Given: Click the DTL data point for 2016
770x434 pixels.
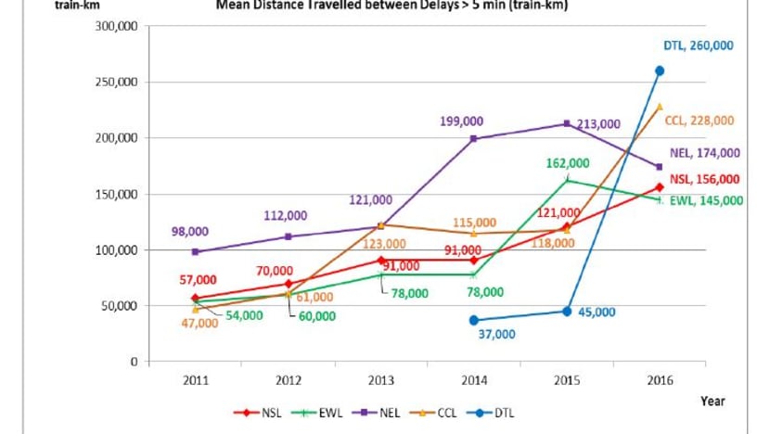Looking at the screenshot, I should [660, 70].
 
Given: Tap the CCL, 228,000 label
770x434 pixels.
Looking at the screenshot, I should [699, 120].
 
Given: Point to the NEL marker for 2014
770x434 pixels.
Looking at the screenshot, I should [474, 139].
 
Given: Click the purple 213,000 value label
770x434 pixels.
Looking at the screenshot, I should [597, 123].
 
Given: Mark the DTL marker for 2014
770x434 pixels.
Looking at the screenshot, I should [474, 320].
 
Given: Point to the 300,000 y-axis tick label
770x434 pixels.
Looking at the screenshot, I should [117, 26].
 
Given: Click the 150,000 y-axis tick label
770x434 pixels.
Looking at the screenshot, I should [117, 138].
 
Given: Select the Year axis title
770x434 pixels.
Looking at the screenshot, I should [712, 402].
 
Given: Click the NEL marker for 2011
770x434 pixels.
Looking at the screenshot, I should [196, 252].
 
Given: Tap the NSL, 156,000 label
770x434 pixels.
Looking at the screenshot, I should [705, 180].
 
